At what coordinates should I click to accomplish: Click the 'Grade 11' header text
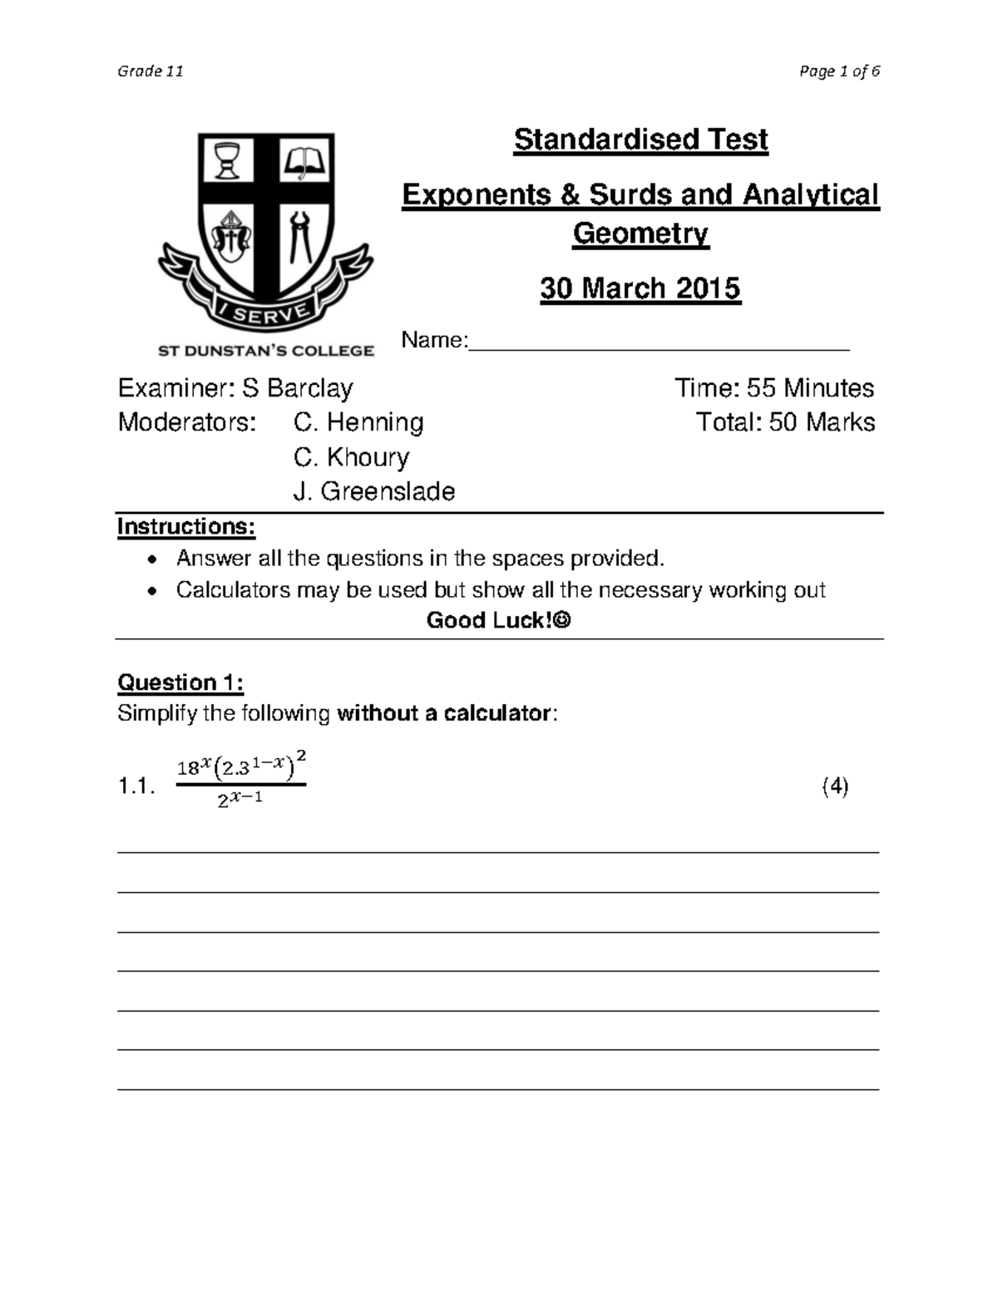point(151,71)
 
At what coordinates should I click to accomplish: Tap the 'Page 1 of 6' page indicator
point(838,71)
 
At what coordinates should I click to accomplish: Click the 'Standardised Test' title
point(640,140)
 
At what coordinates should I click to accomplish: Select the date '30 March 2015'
point(640,288)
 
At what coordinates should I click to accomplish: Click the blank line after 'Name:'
point(659,342)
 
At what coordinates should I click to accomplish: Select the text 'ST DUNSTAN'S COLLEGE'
point(266,351)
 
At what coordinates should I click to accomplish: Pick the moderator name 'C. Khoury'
point(351,457)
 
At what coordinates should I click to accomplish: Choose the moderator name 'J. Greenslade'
point(374,491)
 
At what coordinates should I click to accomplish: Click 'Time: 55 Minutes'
point(773,388)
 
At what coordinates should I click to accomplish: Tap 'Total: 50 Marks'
point(785,422)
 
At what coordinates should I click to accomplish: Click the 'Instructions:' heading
point(185,527)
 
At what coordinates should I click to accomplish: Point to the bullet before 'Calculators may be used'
point(151,591)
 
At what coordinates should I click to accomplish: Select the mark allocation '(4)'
point(835,786)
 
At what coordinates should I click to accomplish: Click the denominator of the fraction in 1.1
point(240,801)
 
